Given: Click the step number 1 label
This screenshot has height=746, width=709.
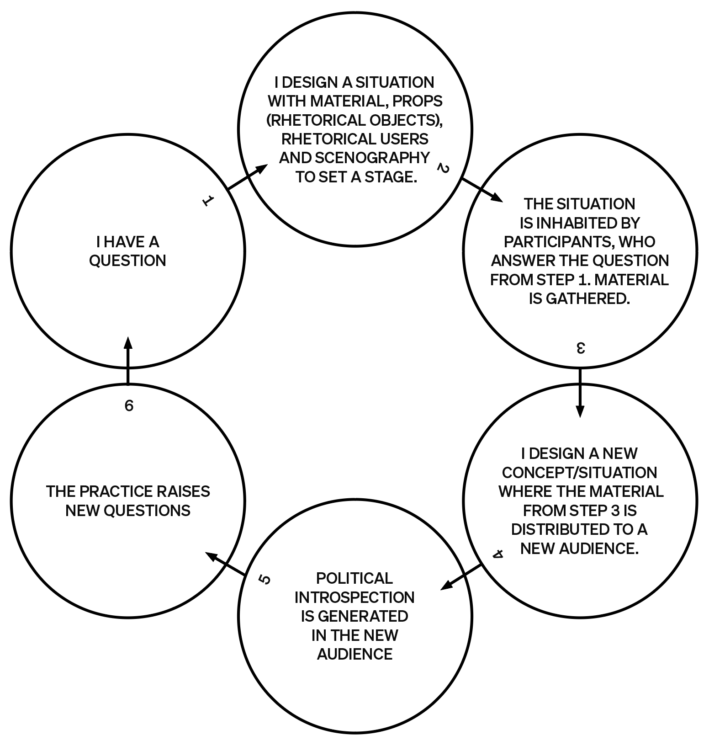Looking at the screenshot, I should point(208,200).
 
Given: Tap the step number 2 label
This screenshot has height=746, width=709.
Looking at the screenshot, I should point(443,168).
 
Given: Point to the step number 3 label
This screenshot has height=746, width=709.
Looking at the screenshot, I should point(580,348).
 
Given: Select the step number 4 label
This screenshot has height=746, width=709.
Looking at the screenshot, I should point(498,554).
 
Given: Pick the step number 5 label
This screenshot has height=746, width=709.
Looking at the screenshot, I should point(265,580).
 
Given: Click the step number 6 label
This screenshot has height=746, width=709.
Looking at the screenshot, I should point(129,405).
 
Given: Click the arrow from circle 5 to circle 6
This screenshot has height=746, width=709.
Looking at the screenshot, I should point(226,563).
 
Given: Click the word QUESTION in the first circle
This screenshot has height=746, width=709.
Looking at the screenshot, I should point(127,261).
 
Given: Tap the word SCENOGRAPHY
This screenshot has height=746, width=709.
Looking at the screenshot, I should point(372,158).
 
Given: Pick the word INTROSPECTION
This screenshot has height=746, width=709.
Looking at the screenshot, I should point(354,597).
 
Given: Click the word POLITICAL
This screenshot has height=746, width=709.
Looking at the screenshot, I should point(354,578).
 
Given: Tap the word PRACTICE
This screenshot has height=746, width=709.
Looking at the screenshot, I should point(115,491).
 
